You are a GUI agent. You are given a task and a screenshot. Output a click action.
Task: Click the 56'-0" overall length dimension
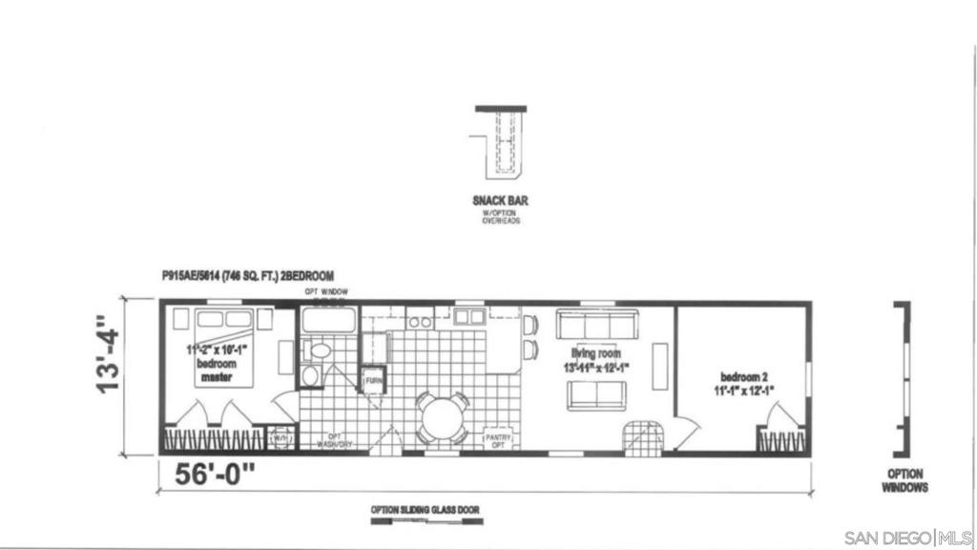(x=216, y=473)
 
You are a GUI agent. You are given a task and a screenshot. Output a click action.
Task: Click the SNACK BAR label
(x=500, y=201)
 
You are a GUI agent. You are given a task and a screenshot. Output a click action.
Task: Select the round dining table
(x=442, y=418)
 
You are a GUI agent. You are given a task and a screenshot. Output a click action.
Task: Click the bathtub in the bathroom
(x=329, y=319)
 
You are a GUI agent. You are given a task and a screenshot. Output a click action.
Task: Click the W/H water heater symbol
(x=281, y=438)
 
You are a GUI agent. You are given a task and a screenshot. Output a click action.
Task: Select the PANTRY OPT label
(x=499, y=440)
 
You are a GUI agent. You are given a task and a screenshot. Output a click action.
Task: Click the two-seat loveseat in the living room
(x=596, y=394)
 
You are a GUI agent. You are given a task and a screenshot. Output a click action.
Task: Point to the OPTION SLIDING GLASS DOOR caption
(x=426, y=510)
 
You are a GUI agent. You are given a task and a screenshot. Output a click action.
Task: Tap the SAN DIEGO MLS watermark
(x=908, y=538)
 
